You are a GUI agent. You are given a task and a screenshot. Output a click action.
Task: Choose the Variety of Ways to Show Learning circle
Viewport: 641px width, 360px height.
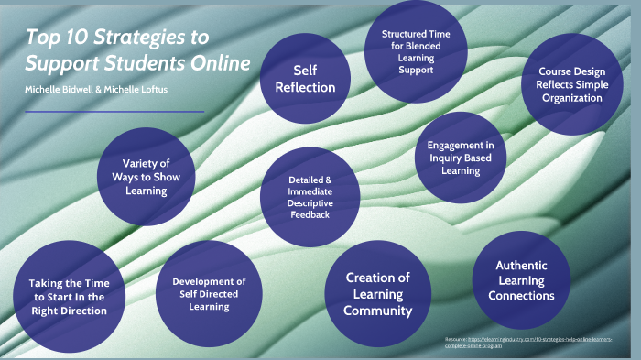(147, 177)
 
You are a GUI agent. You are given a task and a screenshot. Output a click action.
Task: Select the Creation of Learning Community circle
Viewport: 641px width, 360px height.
(377, 294)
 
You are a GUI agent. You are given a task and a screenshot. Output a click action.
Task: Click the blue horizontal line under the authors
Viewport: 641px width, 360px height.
(114, 112)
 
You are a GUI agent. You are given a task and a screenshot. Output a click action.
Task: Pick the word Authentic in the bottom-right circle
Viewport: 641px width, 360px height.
(521, 266)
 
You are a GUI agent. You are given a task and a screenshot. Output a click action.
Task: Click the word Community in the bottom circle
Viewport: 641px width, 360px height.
(378, 311)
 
